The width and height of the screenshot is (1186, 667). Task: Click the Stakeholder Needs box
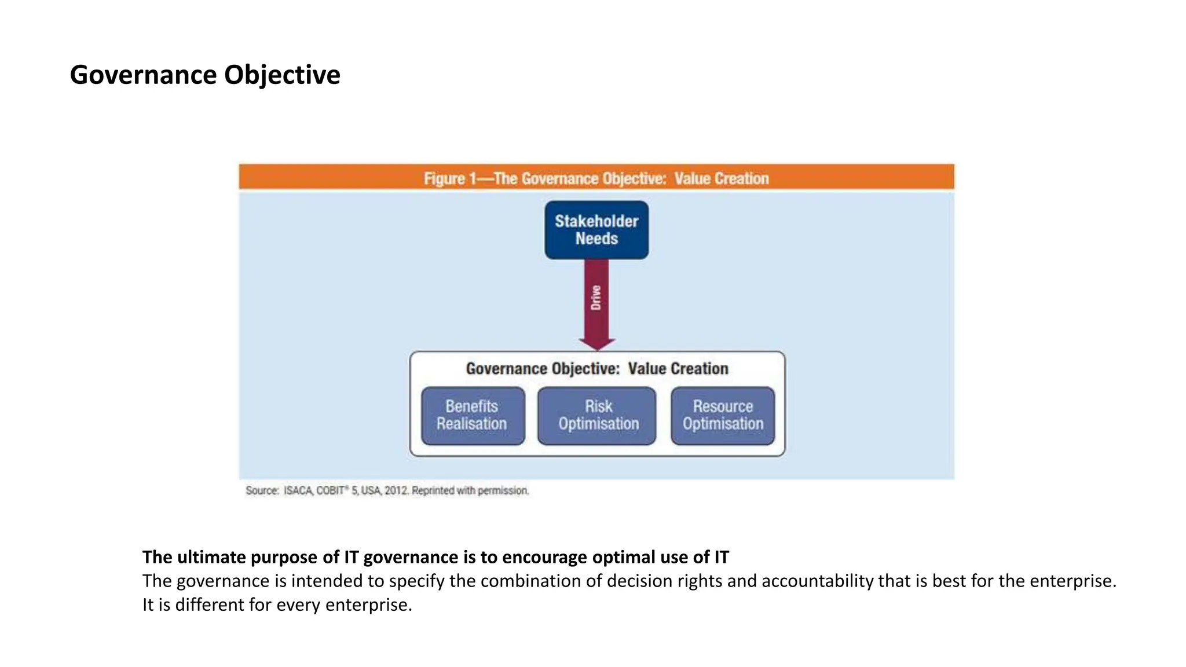click(596, 230)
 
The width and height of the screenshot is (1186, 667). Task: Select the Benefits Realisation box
click(473, 416)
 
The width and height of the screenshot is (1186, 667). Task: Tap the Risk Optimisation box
click(597, 416)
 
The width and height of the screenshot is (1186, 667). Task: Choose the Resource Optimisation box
click(723, 416)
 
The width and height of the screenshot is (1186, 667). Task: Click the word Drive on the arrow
click(596, 298)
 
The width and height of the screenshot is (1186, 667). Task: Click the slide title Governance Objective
click(205, 75)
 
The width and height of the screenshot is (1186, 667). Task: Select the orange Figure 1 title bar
click(596, 177)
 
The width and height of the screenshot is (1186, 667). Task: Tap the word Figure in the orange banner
click(444, 178)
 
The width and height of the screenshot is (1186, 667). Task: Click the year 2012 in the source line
click(397, 491)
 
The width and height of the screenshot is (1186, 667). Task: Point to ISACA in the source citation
click(298, 491)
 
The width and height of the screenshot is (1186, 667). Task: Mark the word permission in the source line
click(503, 491)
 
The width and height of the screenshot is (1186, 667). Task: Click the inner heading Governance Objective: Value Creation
click(597, 369)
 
